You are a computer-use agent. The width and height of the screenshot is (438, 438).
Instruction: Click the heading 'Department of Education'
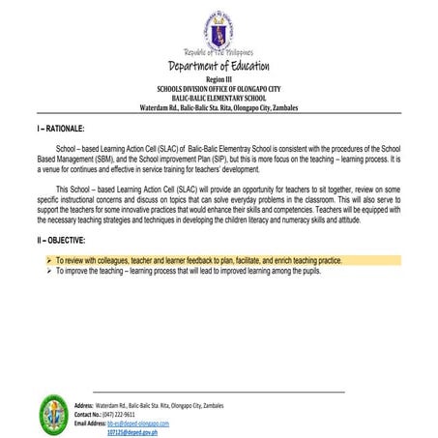pyautogui.click(x=219, y=66)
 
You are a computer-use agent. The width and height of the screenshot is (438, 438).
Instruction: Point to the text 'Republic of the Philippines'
pyautogui.click(x=219, y=51)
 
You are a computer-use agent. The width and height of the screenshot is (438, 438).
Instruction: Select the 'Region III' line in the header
pyautogui.click(x=219, y=79)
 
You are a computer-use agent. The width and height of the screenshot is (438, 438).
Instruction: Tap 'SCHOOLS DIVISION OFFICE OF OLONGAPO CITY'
pyautogui.click(x=219, y=87)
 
